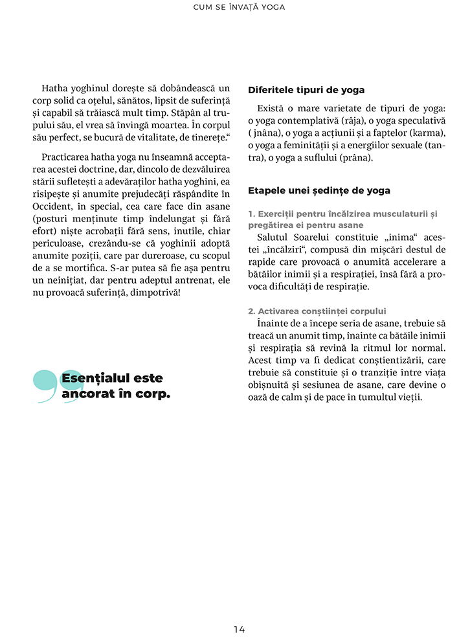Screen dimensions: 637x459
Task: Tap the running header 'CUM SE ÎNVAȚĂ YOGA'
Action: coord(239,8)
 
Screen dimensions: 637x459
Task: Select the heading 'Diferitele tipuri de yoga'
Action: coord(306,90)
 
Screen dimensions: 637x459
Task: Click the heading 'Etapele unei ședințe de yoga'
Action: coord(319,191)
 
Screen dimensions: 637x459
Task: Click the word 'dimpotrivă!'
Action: coord(155,293)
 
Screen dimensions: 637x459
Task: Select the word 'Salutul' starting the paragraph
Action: coord(274,237)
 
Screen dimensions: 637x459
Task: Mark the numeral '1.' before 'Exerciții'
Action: coord(252,214)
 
